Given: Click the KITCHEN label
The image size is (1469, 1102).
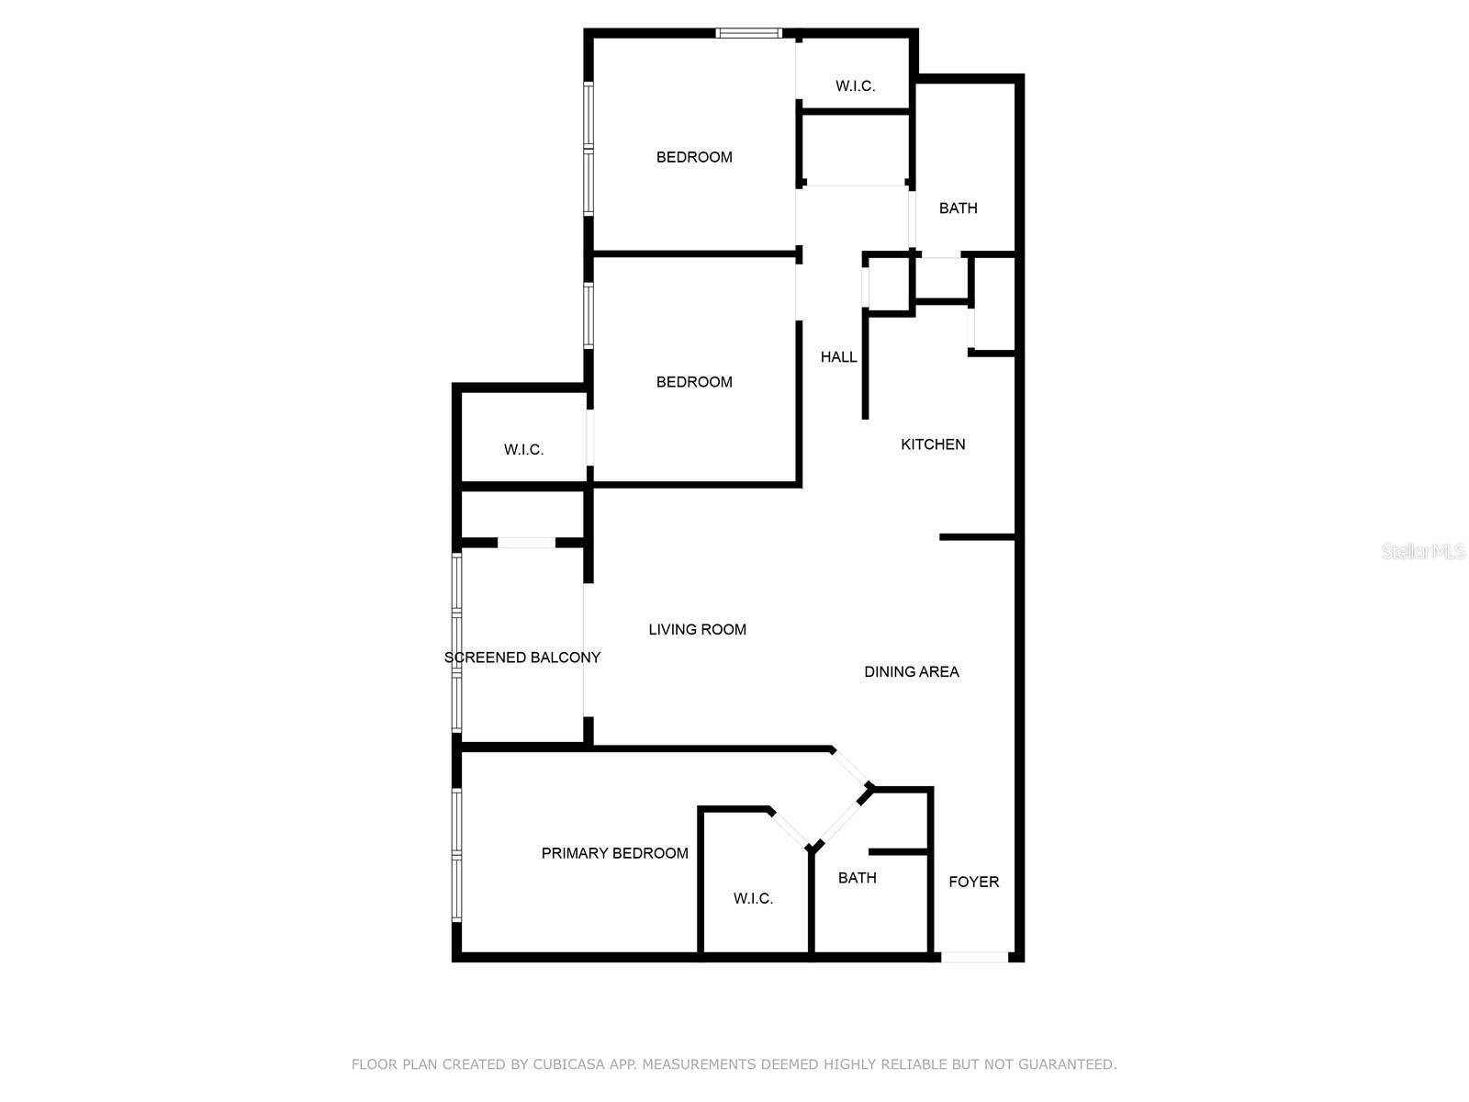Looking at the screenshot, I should [933, 444].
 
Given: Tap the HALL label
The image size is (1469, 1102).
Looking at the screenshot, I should [838, 357].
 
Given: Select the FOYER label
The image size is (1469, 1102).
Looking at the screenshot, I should [973, 882].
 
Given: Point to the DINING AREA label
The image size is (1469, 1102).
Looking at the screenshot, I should [911, 672].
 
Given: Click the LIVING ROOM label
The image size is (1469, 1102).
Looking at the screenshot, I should [697, 630].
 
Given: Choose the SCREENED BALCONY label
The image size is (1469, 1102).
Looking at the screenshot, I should [521, 658].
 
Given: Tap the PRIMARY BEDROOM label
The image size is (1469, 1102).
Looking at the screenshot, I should [614, 853].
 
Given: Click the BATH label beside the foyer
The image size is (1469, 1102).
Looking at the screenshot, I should [857, 878].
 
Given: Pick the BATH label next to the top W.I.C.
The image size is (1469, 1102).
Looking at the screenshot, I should [958, 208].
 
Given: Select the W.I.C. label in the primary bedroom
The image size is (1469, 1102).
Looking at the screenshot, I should [753, 898].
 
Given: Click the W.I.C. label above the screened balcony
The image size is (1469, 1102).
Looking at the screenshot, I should [523, 450].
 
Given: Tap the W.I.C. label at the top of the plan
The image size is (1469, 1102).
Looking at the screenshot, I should [855, 86].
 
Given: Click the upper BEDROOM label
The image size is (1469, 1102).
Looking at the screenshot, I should [694, 157].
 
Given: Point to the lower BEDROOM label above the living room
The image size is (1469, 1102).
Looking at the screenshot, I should [694, 382].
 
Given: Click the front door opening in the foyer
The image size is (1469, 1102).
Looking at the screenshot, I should [974, 957].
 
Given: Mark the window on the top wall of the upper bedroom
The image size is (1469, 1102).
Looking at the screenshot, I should [748, 34].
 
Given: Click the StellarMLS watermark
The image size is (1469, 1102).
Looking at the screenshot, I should [1423, 552].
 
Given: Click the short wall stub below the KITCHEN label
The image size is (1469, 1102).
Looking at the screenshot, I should [977, 536].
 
